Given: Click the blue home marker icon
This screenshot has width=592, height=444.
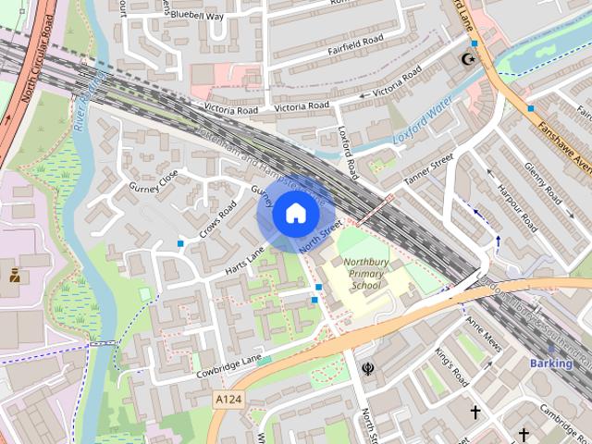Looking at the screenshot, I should coord(294,214).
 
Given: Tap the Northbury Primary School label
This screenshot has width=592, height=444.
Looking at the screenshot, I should coord(366,274).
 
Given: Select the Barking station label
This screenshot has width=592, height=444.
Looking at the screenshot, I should coord(551,364).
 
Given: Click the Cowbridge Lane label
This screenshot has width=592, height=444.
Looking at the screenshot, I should coord(229,367).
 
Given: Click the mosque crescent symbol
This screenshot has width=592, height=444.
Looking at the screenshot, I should coord(469,59).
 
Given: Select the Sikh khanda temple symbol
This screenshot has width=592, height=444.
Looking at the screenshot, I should coord(367,368).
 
